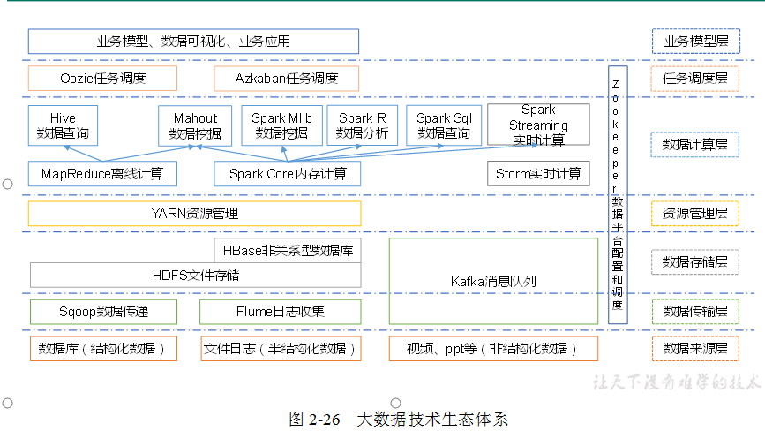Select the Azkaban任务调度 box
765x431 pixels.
[286, 79]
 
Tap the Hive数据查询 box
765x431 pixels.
[63, 125]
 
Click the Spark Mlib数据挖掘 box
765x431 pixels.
[281, 125]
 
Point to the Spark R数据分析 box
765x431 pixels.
[362, 125]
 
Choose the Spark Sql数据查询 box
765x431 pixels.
[444, 125]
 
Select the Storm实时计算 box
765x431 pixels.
[538, 173]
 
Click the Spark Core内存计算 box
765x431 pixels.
[288, 173]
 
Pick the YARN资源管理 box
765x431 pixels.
[194, 214]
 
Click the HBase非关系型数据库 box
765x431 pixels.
[288, 250]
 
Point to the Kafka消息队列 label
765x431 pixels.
[493, 282]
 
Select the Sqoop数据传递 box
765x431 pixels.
[102, 311]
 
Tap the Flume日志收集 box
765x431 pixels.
[280, 311]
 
